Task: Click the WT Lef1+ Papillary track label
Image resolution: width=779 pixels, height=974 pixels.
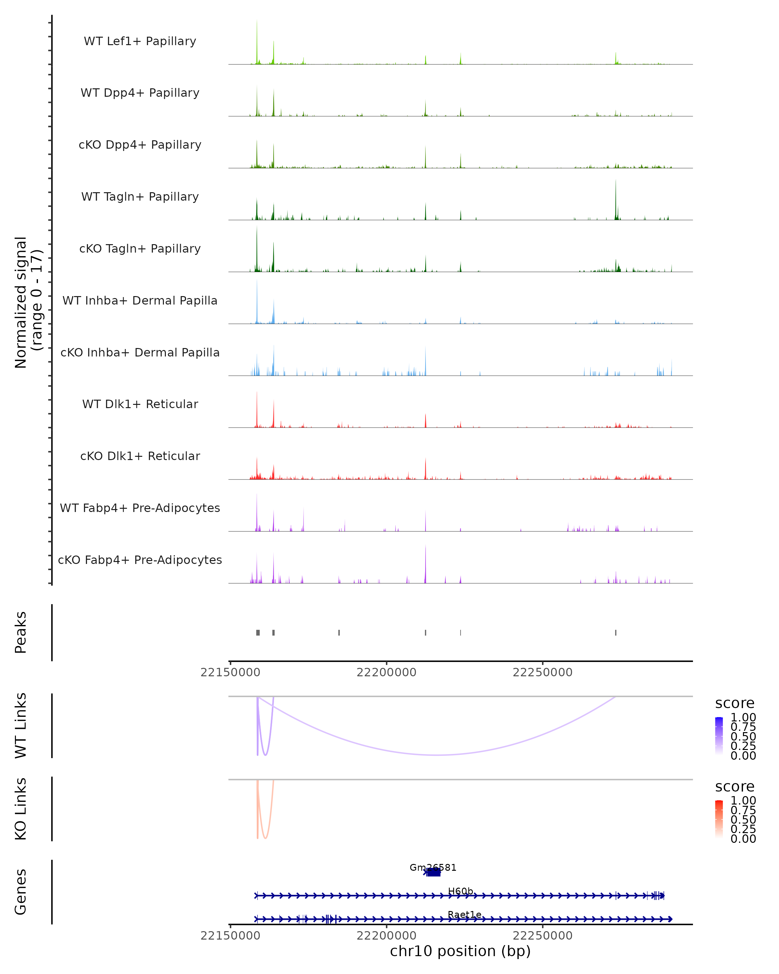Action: tap(140, 41)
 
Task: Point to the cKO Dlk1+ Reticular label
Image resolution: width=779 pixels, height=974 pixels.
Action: tap(140, 456)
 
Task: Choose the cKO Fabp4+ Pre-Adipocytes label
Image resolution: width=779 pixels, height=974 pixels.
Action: tap(140, 560)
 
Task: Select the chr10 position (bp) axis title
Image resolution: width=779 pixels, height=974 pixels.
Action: tap(460, 951)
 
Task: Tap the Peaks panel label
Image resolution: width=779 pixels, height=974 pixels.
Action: tap(21, 632)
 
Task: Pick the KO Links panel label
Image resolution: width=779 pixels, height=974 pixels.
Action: tap(21, 809)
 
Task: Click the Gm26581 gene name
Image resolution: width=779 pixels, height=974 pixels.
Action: tap(433, 868)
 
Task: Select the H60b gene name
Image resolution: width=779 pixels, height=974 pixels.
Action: tap(460, 891)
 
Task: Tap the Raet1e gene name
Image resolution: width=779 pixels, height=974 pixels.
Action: tap(464, 914)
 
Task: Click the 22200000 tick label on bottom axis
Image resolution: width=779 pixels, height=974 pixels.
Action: tap(386, 936)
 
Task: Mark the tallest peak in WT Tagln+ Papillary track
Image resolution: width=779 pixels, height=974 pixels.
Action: tap(615, 181)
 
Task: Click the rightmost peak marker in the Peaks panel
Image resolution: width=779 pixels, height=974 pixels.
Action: tap(615, 632)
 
